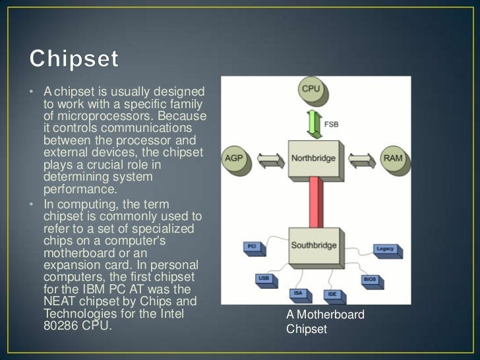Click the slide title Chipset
[75, 59]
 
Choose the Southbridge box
[315, 245]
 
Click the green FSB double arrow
[311, 123]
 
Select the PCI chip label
[251, 246]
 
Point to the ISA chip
[299, 293]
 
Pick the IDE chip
[332, 294]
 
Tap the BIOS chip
[369, 279]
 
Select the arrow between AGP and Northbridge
[269, 159]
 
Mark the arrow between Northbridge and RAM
[361, 159]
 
